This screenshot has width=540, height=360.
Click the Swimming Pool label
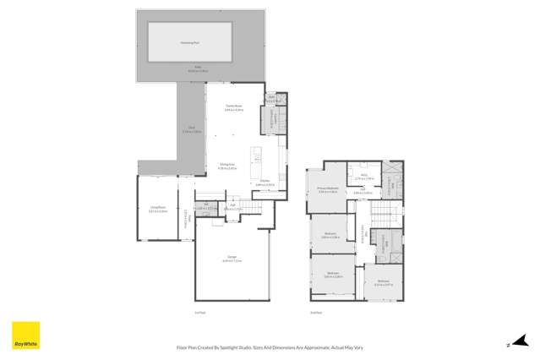(190, 41)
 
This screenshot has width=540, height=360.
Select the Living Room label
(158, 209)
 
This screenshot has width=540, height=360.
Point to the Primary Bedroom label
(328, 188)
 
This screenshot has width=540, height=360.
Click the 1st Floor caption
(199, 313)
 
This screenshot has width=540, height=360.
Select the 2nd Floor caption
(316, 313)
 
